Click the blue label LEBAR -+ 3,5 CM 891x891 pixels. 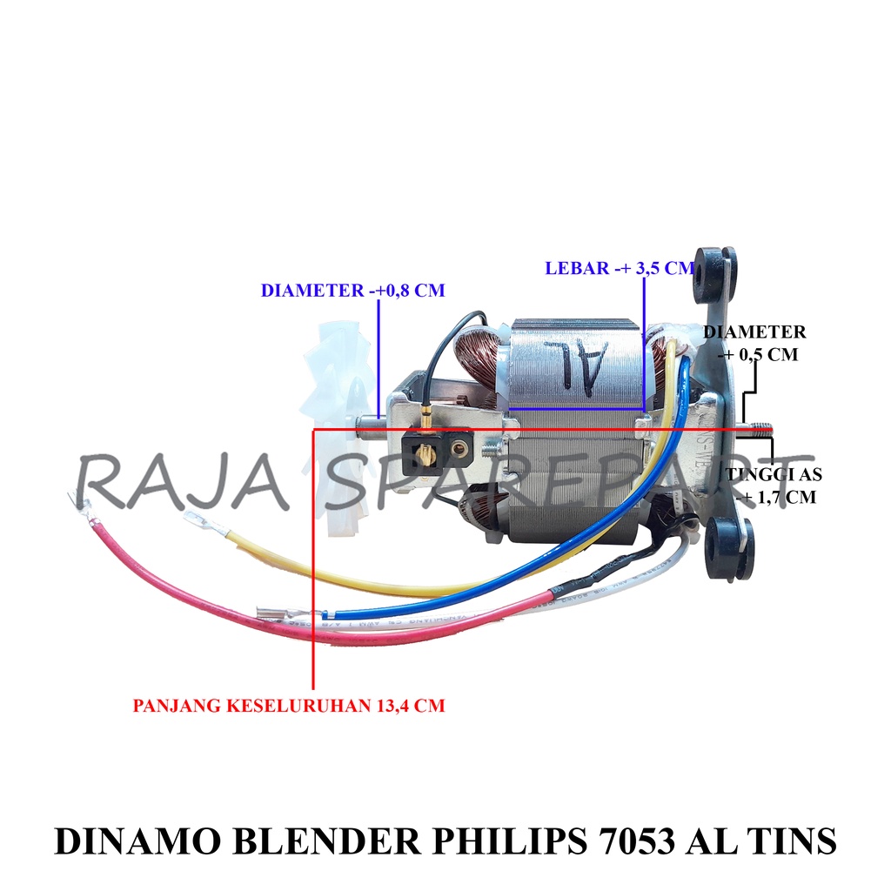619,268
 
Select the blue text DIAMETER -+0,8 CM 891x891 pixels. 352,291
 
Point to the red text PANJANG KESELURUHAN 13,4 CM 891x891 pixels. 288,706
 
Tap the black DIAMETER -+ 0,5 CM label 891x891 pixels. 754,343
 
